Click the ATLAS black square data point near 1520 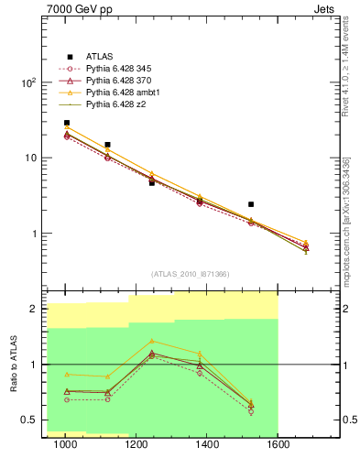251,204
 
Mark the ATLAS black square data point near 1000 67,123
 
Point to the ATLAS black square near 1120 108,145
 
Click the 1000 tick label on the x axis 66,445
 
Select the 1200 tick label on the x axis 137,445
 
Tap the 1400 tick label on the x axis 208,445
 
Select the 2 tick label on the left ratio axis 35,310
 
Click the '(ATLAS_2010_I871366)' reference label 191,273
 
